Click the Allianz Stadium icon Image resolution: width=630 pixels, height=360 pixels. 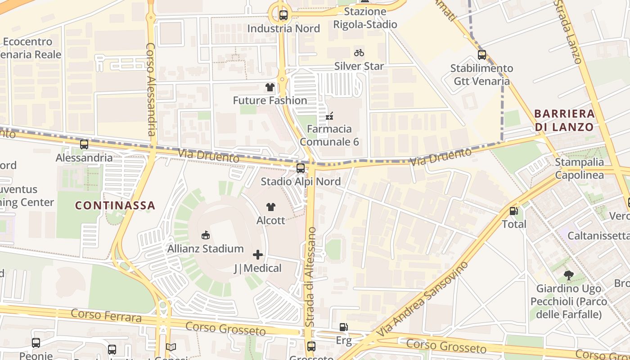coord(206,235)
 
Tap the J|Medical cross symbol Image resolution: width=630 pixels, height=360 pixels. coord(258,255)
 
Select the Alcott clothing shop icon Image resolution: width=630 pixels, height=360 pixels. coord(270,207)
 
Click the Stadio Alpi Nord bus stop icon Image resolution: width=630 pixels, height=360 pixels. coord(301,168)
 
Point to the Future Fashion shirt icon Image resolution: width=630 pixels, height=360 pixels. coord(270,87)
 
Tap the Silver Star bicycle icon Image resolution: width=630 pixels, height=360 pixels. coord(359,53)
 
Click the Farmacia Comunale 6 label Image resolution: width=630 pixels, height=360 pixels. coord(329,135)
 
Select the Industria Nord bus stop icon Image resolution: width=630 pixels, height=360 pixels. coord(283,15)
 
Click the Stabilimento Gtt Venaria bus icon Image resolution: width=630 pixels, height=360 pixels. coord(482,55)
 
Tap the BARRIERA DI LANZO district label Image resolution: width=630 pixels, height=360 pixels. coord(564,120)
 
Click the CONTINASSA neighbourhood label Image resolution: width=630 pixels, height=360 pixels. coord(115,206)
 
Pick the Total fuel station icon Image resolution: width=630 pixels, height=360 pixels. coord(513,211)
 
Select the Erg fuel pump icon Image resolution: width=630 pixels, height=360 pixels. coord(343,327)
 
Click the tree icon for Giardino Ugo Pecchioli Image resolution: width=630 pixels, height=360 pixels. coord(568,275)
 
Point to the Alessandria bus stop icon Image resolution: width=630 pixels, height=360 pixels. coord(84,144)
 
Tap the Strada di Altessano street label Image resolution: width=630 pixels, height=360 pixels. coord(310,277)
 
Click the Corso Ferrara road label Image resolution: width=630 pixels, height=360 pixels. coord(106,315)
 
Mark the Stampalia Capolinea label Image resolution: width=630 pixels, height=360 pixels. coord(579,168)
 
